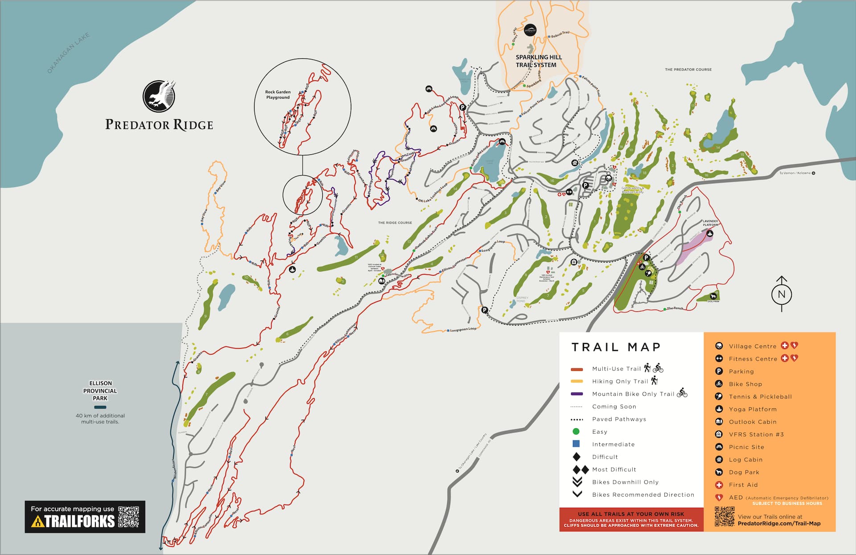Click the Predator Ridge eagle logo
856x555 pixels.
click(159, 96)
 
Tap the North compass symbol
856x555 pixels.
click(781, 294)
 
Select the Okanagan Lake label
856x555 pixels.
click(68, 53)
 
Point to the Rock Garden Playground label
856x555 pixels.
click(278, 95)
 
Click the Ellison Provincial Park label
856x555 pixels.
click(100, 390)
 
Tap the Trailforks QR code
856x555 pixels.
click(129, 517)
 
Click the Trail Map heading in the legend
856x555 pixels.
click(616, 347)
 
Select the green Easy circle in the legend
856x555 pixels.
click(576, 431)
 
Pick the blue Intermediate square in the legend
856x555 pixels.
click(576, 444)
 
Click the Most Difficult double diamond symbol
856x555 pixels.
click(580, 469)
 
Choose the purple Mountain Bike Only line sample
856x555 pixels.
click(577, 394)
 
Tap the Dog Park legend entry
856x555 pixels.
click(744, 472)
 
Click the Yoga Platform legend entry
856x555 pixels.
click(753, 409)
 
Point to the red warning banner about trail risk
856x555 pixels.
click(631, 520)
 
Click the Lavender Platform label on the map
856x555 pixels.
click(710, 223)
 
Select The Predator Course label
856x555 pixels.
click(688, 70)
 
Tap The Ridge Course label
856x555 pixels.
click(395, 223)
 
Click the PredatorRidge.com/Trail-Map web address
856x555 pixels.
click(779, 523)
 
